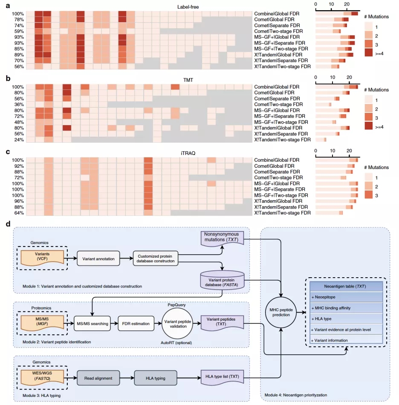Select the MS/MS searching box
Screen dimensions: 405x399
pos(92,324)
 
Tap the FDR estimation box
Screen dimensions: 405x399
pos(134,324)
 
